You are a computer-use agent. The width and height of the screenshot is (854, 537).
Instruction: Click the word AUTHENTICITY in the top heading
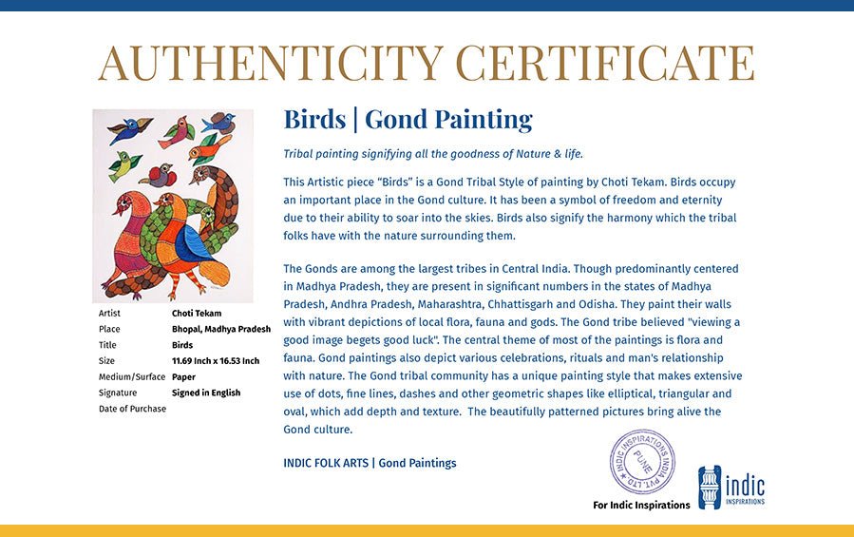click(271, 63)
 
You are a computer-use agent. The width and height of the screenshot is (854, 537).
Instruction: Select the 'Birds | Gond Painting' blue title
click(408, 120)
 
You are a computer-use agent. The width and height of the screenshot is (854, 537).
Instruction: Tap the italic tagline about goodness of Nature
click(433, 154)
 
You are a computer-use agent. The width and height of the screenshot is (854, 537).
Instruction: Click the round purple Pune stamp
click(642, 461)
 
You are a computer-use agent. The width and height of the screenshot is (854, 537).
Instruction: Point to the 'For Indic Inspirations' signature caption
click(641, 505)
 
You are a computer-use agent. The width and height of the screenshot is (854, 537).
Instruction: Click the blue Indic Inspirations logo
click(731, 487)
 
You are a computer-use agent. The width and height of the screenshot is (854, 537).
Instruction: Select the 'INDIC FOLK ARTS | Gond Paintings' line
click(370, 463)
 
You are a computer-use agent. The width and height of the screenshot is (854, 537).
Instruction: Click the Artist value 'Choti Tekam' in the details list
click(197, 313)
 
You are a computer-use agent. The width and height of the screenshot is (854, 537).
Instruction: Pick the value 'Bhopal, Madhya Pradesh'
click(221, 329)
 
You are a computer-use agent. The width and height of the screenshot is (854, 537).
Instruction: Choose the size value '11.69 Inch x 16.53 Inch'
click(216, 361)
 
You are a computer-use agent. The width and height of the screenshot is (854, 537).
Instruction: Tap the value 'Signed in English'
click(206, 393)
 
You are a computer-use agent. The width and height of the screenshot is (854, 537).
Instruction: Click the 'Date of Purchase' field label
click(132, 409)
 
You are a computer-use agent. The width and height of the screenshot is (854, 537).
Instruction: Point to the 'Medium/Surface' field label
click(132, 376)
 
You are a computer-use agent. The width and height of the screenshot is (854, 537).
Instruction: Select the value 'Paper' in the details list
click(183, 376)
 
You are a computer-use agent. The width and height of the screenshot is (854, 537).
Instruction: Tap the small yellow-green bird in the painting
click(123, 164)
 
